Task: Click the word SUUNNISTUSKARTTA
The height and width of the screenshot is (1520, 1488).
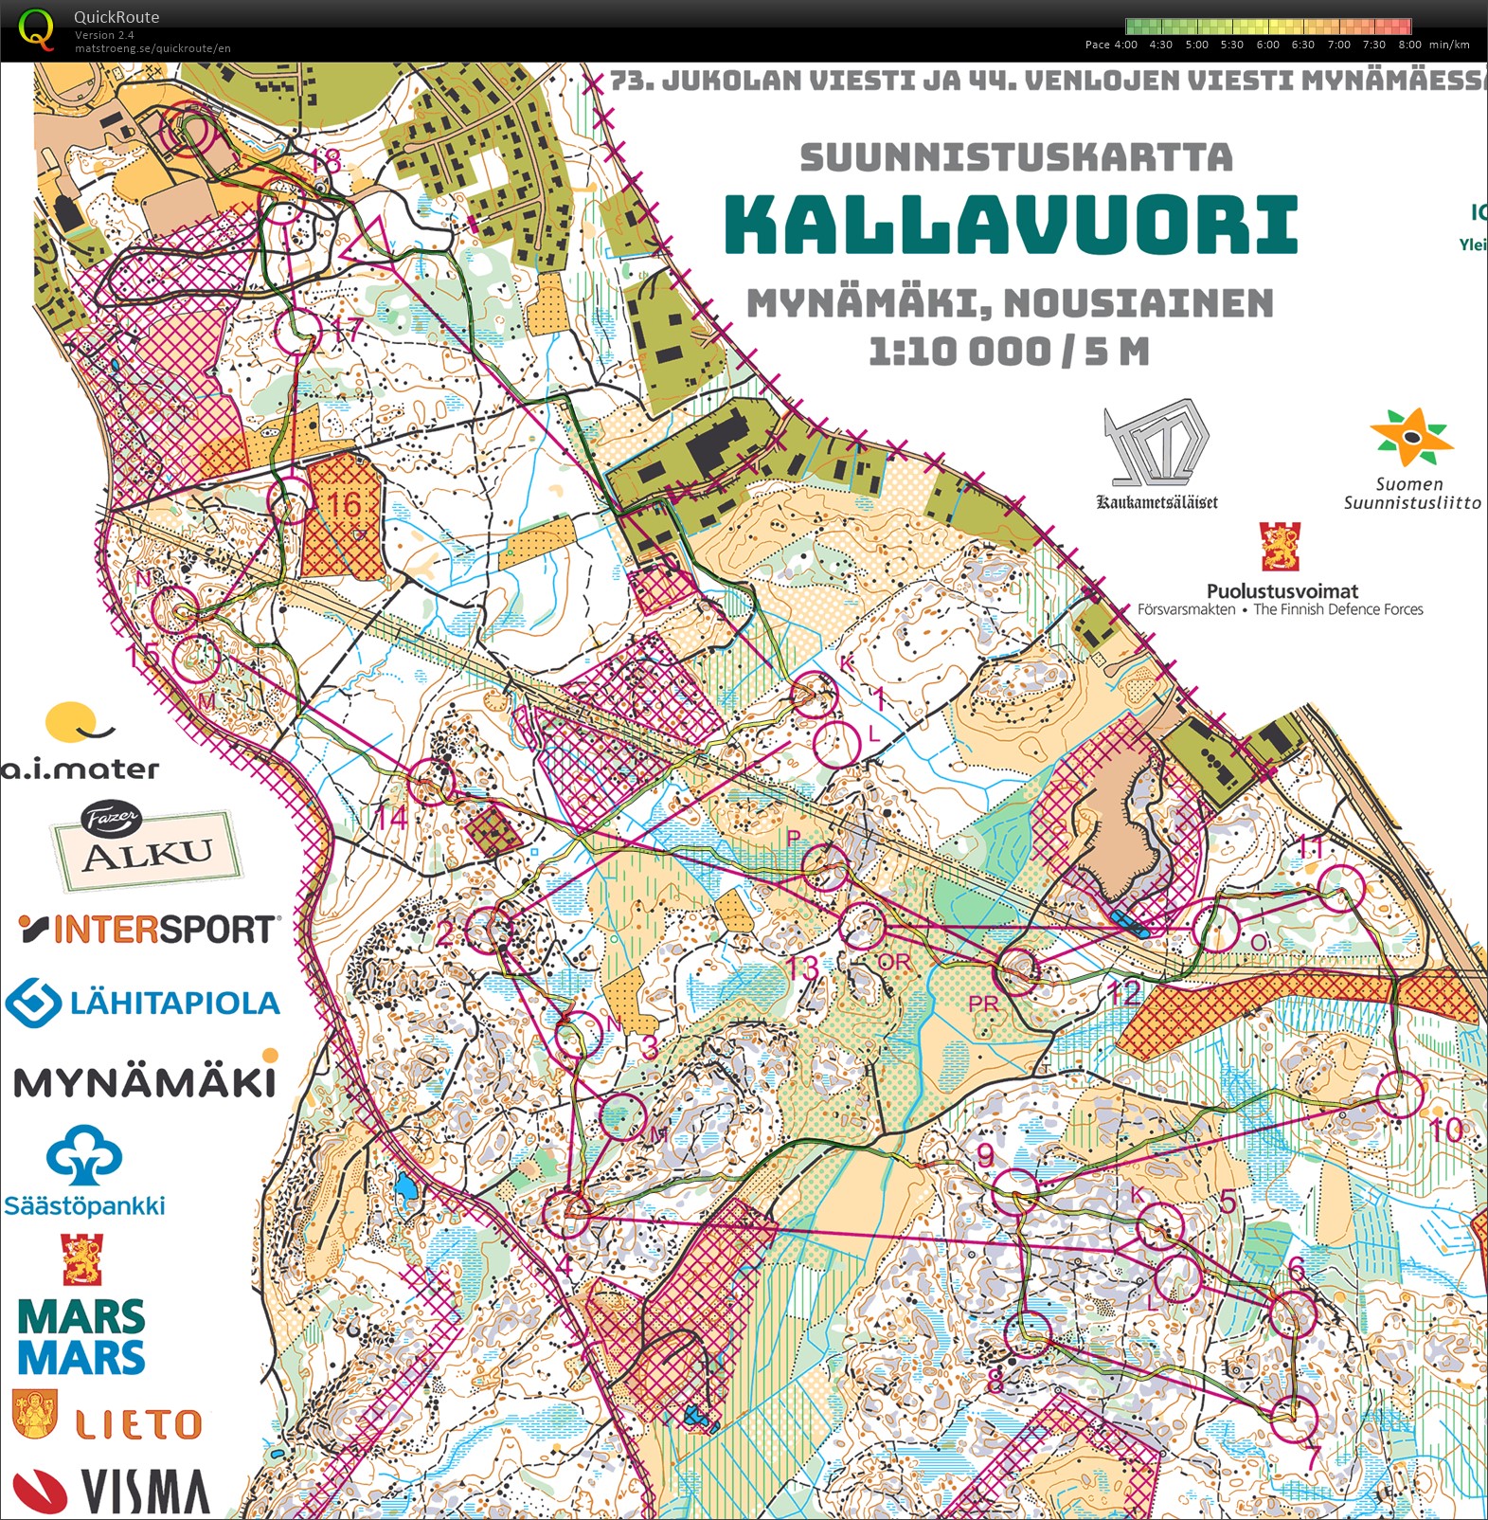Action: (x=1016, y=157)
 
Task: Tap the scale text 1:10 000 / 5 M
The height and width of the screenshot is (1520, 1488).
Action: (x=1010, y=352)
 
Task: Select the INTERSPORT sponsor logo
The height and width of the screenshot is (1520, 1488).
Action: (x=150, y=929)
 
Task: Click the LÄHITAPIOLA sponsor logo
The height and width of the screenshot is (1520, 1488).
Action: (x=143, y=1003)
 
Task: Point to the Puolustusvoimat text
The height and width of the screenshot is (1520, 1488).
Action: (x=1282, y=590)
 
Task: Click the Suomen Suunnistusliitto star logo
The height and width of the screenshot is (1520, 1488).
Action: (x=1410, y=437)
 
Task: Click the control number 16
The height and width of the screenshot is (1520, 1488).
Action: (x=344, y=504)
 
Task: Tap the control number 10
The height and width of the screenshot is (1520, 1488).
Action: (x=1445, y=1130)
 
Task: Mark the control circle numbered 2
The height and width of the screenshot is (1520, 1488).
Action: (x=489, y=930)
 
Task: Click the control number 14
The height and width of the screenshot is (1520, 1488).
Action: (x=391, y=817)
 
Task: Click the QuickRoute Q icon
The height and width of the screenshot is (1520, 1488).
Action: (x=37, y=28)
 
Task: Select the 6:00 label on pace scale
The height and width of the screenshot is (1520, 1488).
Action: (x=1267, y=45)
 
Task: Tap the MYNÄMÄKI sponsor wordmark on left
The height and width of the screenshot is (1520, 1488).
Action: (x=144, y=1081)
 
